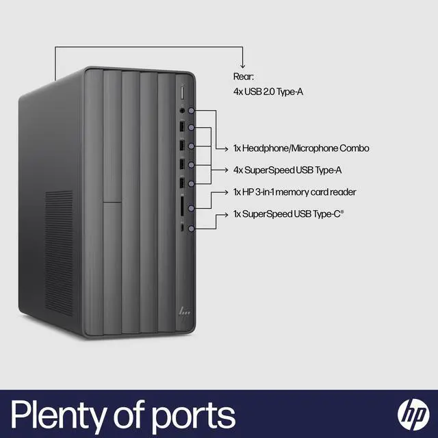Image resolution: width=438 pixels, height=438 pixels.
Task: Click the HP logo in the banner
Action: pos(413,414)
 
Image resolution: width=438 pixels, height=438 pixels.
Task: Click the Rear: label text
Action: pos(244,77)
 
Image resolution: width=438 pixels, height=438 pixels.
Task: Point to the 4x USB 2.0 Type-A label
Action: pos(268,92)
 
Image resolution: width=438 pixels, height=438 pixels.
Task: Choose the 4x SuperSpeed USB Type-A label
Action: pos(287,170)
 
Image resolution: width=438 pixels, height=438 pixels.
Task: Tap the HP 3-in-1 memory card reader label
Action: pos(295,192)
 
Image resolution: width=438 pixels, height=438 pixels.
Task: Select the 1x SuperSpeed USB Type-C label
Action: pos(289,214)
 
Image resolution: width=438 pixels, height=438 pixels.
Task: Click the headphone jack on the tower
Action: pos(182,111)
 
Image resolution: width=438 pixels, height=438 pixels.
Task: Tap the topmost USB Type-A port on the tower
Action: pos(182,127)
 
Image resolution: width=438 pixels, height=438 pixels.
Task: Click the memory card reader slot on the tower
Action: pos(182,206)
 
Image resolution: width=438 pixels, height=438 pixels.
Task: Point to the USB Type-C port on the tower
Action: pos(182,228)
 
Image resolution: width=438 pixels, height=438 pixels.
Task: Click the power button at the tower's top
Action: pos(182,92)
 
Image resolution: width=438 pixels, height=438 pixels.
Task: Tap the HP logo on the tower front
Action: pos(184,311)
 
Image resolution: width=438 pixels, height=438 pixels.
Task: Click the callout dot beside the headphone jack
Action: pos(192,111)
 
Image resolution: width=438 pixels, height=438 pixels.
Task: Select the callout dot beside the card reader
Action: pos(192,208)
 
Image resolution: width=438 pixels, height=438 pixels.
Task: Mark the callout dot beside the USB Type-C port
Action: pos(192,229)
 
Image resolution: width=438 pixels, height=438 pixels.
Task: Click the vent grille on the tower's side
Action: pos(59,253)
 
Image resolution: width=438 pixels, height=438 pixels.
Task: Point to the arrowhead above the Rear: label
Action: pos(242,66)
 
